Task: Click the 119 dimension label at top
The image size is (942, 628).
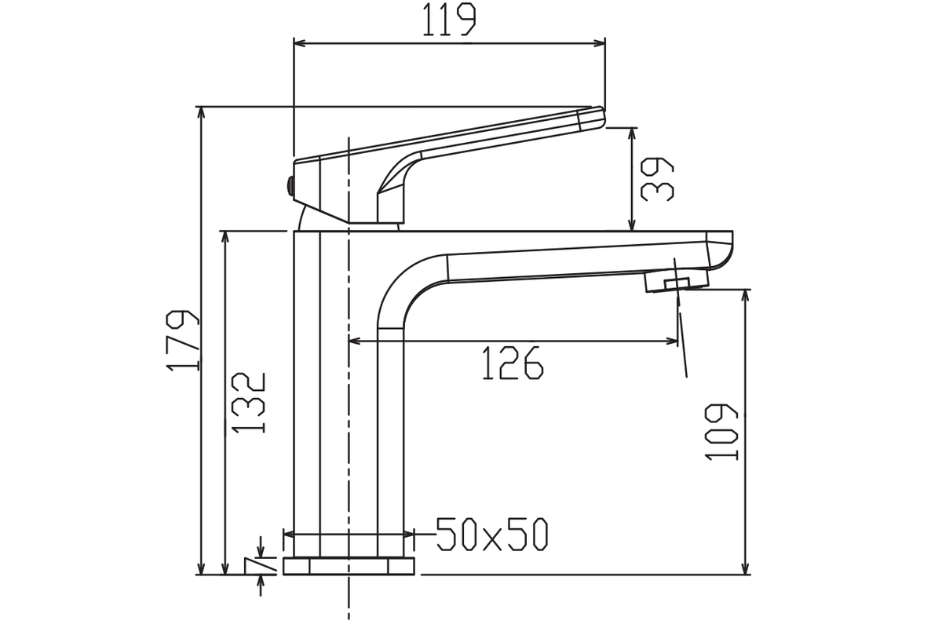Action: coord(449,20)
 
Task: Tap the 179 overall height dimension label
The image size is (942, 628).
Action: coord(183,341)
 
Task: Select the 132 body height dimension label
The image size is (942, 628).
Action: coord(249,403)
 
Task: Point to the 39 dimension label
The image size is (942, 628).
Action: coord(657,180)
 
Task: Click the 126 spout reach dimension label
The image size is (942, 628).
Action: coord(513,363)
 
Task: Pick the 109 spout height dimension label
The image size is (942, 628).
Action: coord(721,432)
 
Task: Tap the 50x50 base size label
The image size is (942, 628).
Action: coord(492,534)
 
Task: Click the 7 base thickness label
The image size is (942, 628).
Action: coord(260,565)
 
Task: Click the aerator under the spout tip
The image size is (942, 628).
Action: coord(677,280)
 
